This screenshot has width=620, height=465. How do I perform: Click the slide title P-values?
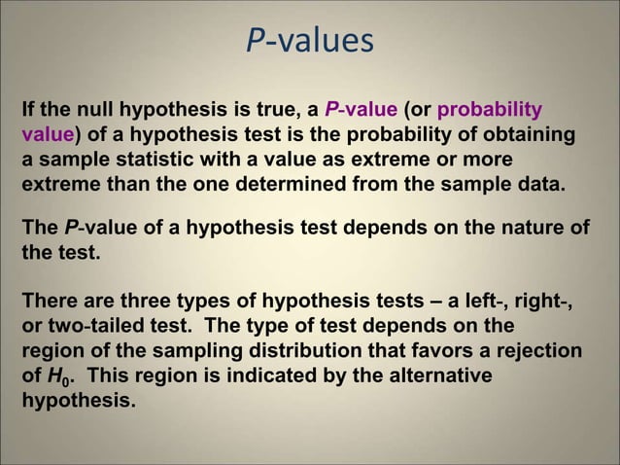click(308, 40)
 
